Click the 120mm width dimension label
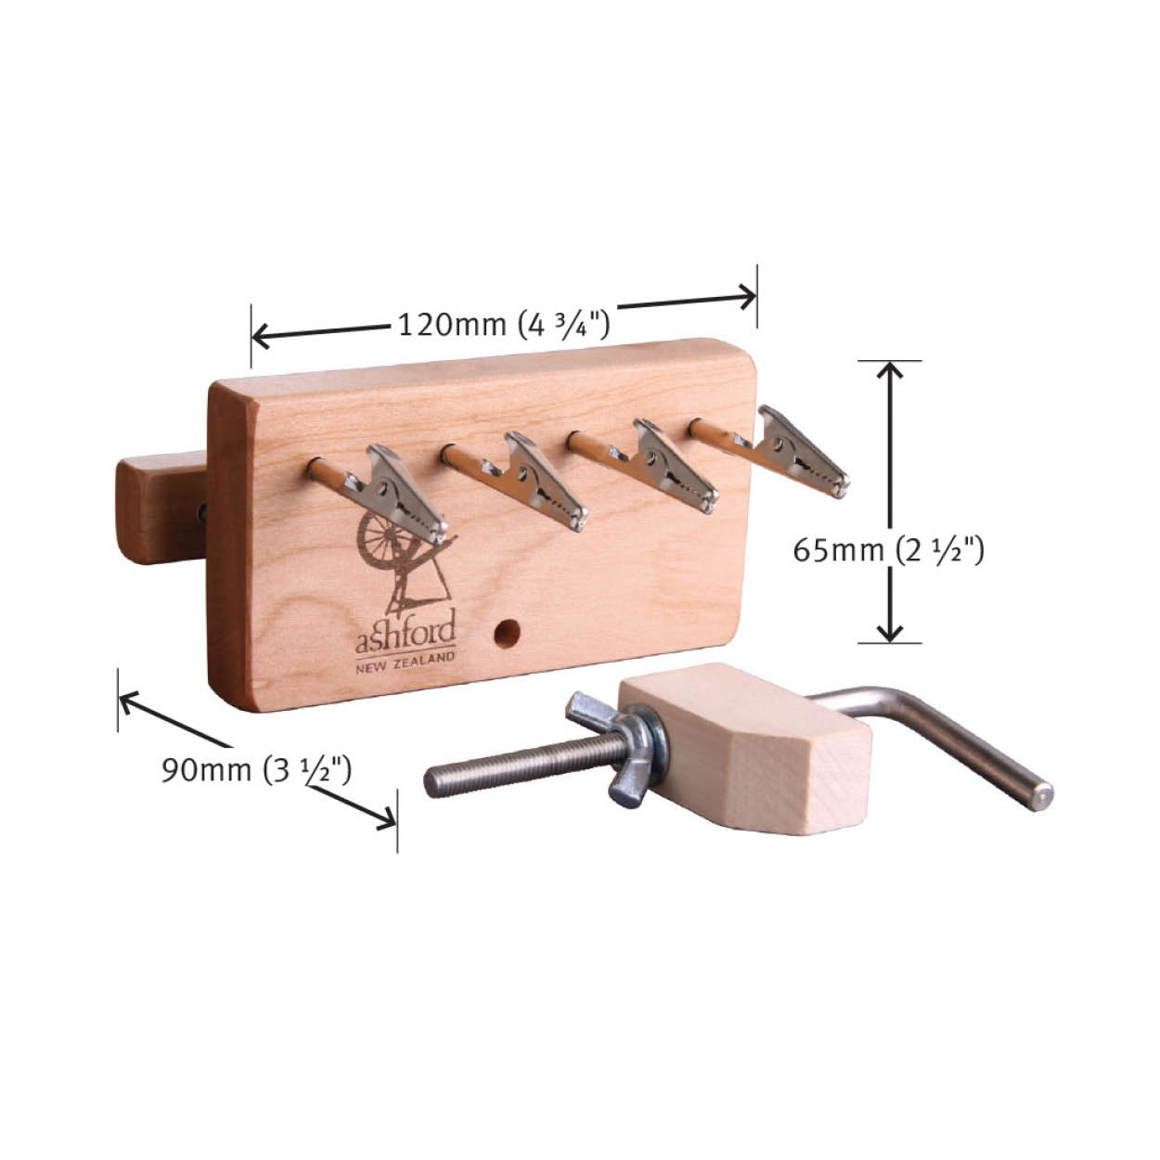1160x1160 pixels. click(x=504, y=326)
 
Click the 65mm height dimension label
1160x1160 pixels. click(x=888, y=550)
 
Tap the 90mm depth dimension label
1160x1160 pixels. click(x=256, y=770)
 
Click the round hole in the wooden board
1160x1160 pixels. click(x=507, y=634)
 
